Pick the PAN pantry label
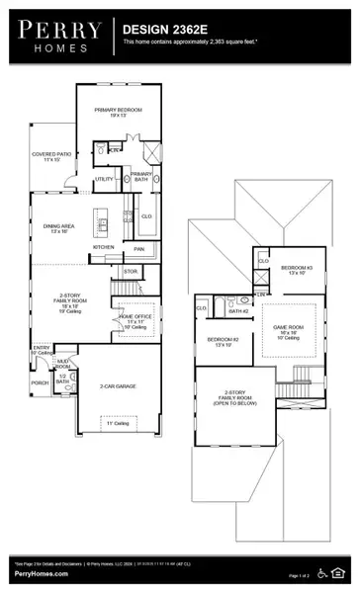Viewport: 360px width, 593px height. (139, 249)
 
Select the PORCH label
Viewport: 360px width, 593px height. (40, 382)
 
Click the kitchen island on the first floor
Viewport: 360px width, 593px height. (101, 218)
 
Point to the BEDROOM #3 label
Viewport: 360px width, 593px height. (296, 270)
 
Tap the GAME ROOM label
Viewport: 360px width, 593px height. (288, 334)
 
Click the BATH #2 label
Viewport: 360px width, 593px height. (237, 311)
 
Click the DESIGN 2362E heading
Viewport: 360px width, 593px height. (159, 31)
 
